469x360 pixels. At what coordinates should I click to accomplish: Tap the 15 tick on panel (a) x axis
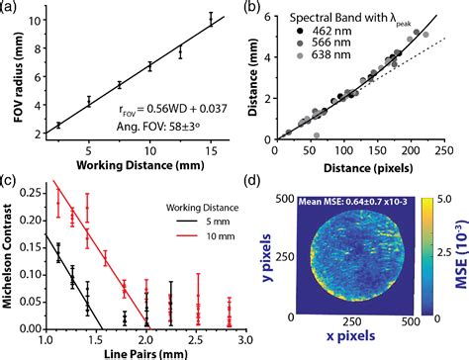[211, 150]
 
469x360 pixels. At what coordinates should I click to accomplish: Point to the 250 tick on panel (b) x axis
[438, 150]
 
